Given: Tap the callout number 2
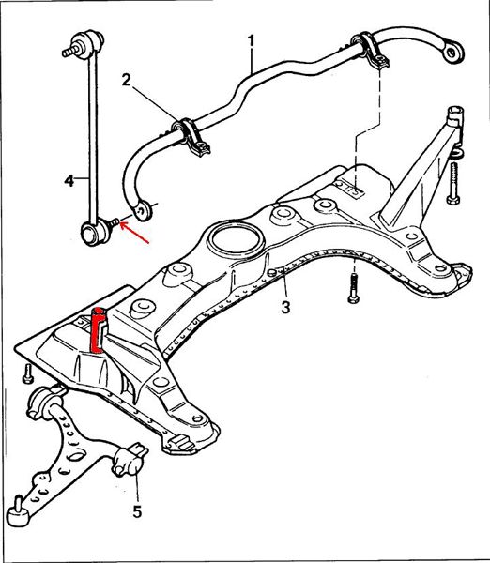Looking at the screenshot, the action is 126,80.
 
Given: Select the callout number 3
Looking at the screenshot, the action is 285,308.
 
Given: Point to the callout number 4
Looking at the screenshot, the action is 69,180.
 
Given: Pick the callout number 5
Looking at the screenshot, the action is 137,511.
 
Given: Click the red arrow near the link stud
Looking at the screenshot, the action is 134,233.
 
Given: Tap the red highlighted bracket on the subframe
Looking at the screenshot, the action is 99,329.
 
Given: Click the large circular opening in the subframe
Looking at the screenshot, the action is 236,240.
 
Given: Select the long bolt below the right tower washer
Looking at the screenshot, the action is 453,183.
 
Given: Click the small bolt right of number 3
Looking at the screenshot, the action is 353,288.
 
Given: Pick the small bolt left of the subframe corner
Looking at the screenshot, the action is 27,373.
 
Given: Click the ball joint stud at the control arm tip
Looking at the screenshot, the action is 17,511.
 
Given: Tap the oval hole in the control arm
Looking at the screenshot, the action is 77,456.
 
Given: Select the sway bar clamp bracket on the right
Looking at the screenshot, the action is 373,52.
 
